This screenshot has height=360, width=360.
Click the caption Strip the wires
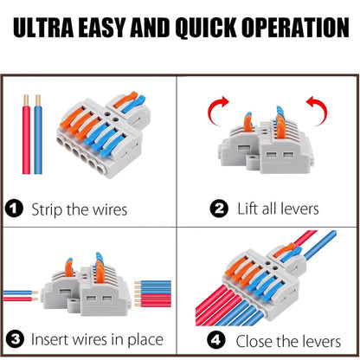[x=78, y=209]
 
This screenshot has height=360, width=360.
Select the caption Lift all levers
[x=264, y=209]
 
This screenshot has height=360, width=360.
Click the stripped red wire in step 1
[x=29, y=138]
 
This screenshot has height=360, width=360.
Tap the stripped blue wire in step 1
[x=40, y=138]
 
